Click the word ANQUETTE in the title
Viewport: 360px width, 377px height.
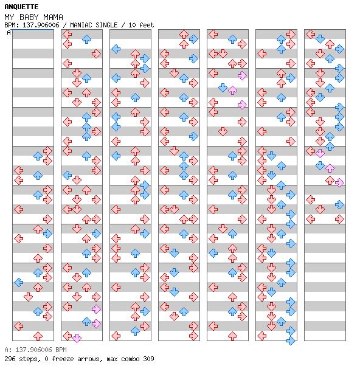[x=21, y=7]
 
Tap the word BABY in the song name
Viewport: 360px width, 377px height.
[x=29, y=17]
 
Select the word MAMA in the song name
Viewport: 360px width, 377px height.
[x=53, y=17]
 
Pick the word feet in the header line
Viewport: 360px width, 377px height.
[x=147, y=25]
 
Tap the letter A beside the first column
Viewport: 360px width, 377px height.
[x=9, y=32]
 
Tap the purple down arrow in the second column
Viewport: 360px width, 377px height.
[x=77, y=338]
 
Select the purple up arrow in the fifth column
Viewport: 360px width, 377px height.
[x=232, y=90]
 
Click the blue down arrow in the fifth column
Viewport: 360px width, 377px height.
[x=223, y=88]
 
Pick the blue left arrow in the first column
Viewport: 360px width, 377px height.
[x=18, y=282]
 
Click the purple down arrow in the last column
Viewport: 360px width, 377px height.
[x=320, y=153]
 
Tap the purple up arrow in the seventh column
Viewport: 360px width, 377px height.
[x=330, y=168]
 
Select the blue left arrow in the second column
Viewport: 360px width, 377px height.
[x=67, y=175]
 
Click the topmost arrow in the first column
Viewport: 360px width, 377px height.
[x=47, y=151]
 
